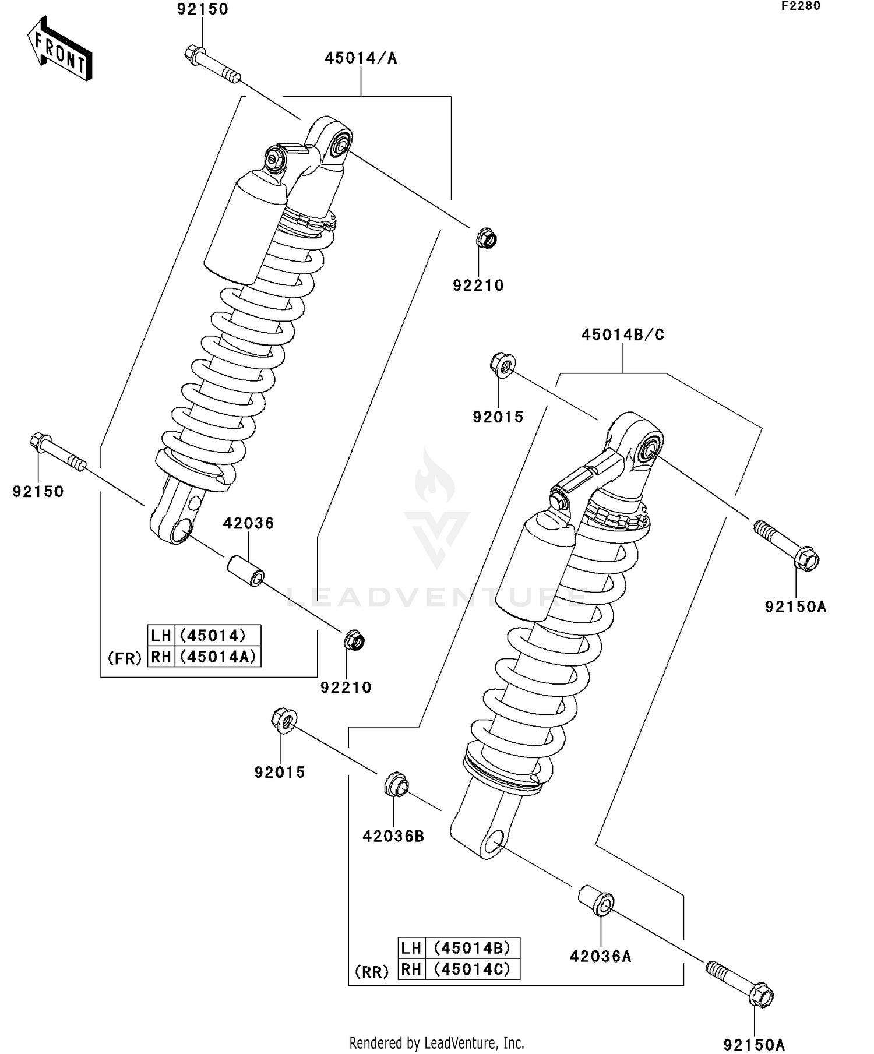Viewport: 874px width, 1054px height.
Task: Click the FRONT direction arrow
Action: [x=60, y=49]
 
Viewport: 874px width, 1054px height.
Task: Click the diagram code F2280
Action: [x=801, y=6]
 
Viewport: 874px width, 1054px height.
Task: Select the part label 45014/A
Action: [x=361, y=58]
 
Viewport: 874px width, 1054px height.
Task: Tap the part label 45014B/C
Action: [x=623, y=335]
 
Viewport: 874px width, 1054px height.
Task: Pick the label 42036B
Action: [x=393, y=836]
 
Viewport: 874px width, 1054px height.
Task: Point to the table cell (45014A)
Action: [x=217, y=657]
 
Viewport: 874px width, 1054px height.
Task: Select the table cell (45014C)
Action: [x=472, y=969]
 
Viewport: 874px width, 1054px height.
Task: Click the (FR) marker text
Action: [x=125, y=658]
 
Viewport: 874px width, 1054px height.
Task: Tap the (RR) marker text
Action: [x=372, y=972]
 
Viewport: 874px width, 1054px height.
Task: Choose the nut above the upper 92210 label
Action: [x=486, y=238]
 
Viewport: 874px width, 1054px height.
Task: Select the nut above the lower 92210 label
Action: [x=354, y=641]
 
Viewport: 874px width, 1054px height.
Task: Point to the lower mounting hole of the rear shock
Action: [x=494, y=843]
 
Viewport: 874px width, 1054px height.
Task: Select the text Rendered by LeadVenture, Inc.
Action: [x=436, y=1043]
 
